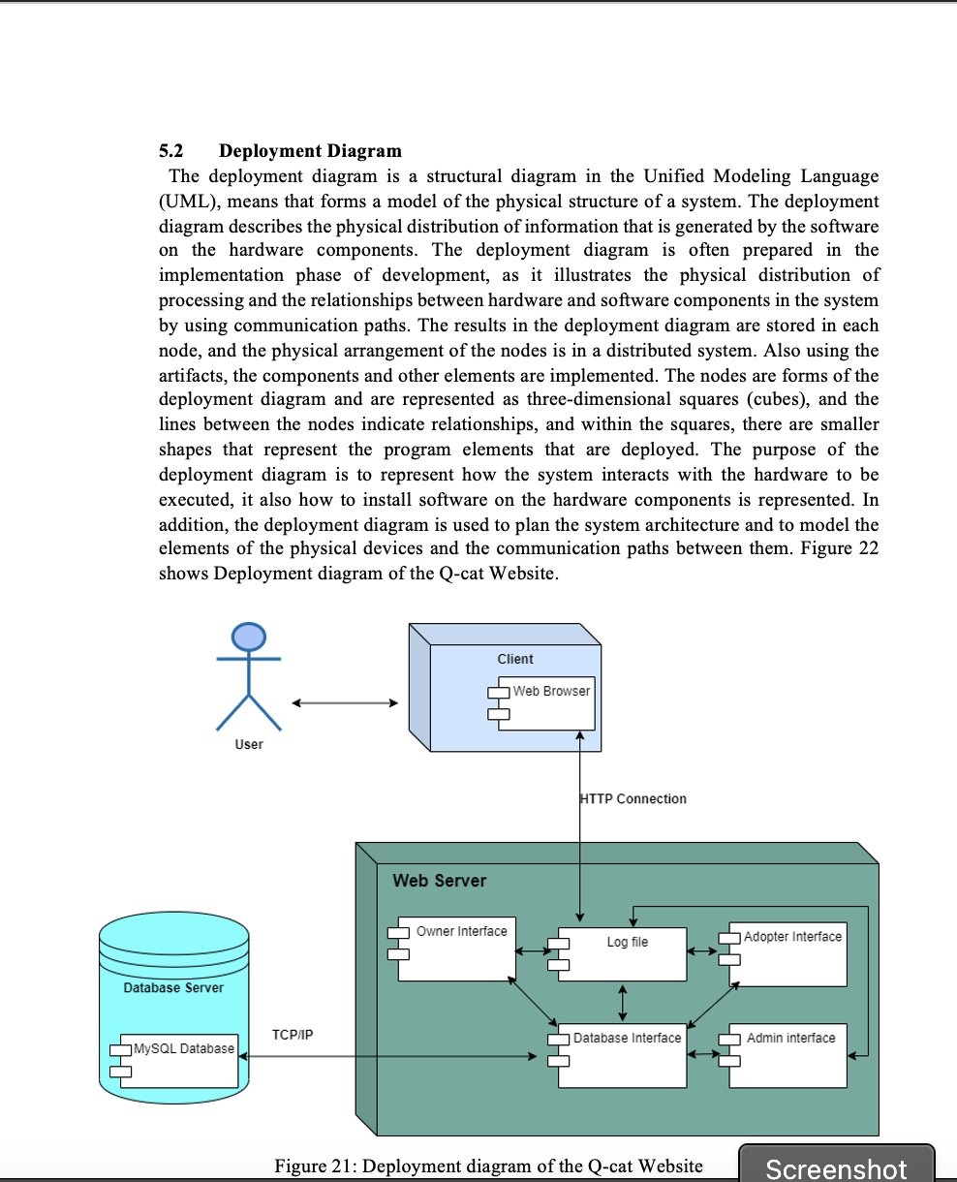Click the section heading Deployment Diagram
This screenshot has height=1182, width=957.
pyautogui.click(x=310, y=151)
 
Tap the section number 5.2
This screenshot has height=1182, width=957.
pyautogui.click(x=170, y=151)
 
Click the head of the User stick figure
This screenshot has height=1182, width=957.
pyautogui.click(x=249, y=636)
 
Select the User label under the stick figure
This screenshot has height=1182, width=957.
pyautogui.click(x=249, y=744)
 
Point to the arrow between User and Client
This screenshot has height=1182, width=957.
pyautogui.click(x=345, y=703)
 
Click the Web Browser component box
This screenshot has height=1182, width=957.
pyautogui.click(x=546, y=702)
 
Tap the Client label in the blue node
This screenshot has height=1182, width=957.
pyautogui.click(x=515, y=659)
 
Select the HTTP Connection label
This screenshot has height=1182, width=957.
pyautogui.click(x=633, y=799)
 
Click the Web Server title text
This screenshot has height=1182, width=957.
pyautogui.click(x=439, y=881)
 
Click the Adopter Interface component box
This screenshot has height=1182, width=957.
pyautogui.click(x=788, y=953)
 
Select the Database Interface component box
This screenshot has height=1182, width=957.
pyautogui.click(x=623, y=1055)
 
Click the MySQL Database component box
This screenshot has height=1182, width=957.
pyautogui.click(x=180, y=1059)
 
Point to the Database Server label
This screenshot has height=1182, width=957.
pyautogui.click(x=173, y=988)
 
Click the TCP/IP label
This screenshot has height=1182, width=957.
pyautogui.click(x=293, y=1036)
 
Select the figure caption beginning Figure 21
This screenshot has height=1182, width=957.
pyautogui.click(x=488, y=1166)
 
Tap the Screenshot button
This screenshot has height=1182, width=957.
pyautogui.click(x=836, y=1166)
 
